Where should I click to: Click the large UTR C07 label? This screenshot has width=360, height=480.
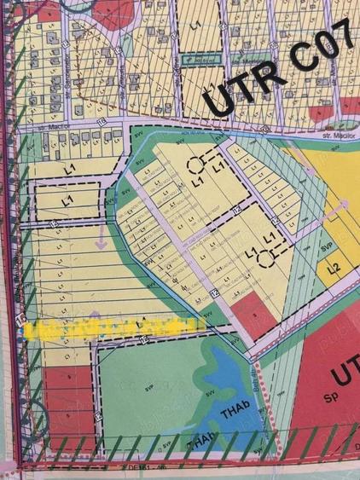tap(271, 79)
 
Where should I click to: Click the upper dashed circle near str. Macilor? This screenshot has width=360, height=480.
tap(198, 165)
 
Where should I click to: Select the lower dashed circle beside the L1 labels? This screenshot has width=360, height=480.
tap(267, 253)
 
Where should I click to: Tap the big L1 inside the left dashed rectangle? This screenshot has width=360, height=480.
tap(66, 200)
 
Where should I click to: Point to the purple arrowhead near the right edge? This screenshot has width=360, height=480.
tap(345, 205)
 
